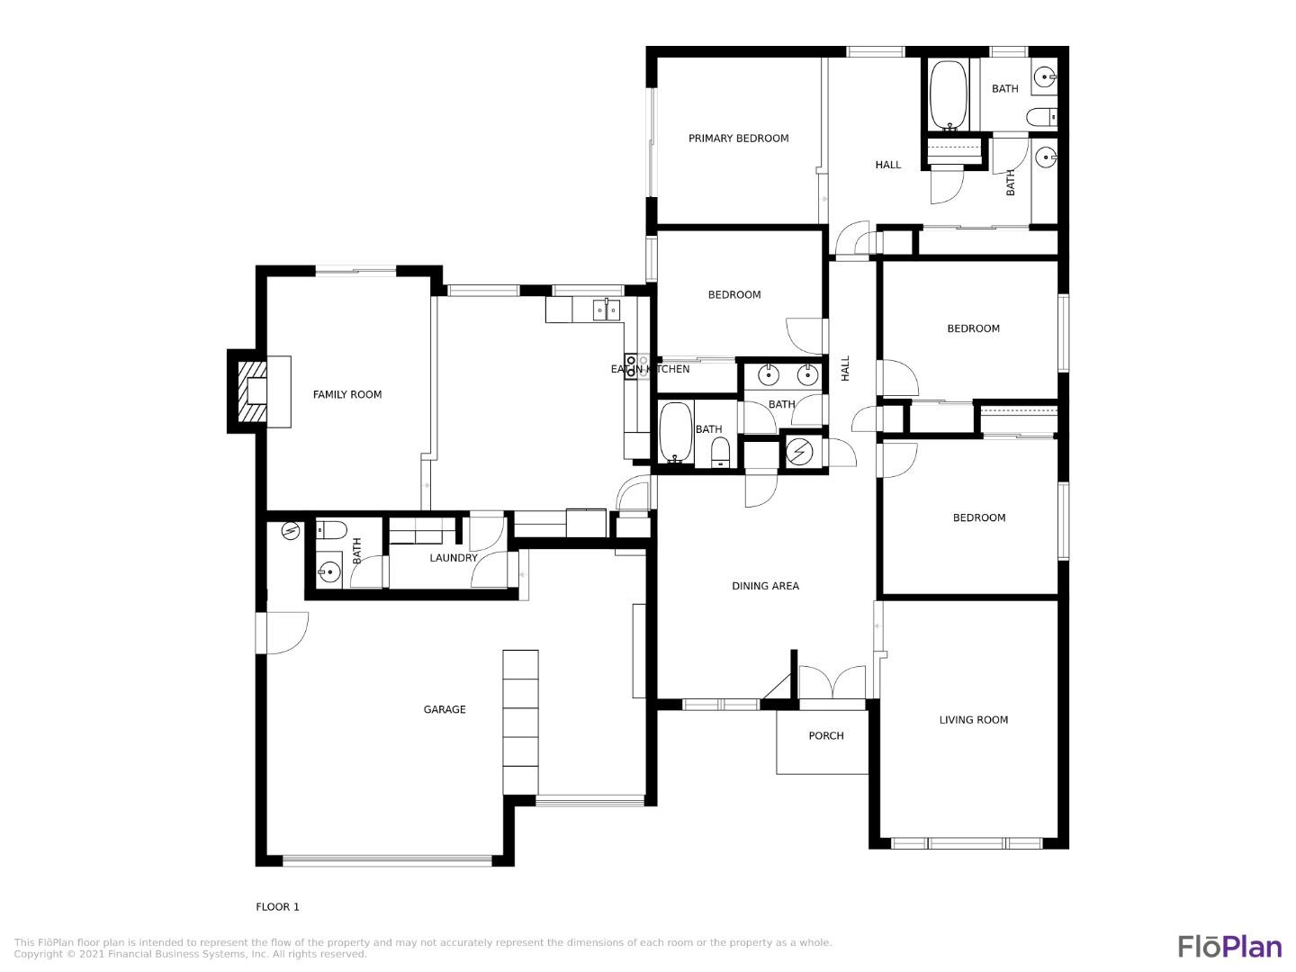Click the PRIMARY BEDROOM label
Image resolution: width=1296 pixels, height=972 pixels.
(738, 139)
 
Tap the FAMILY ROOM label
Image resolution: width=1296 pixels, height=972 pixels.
(347, 394)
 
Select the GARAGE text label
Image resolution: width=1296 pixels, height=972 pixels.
(445, 710)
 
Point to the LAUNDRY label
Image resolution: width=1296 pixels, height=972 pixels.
(454, 558)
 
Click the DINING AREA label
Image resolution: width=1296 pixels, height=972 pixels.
(765, 586)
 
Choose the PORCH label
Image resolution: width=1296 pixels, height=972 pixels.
(825, 736)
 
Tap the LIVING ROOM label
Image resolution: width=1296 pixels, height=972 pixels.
(973, 720)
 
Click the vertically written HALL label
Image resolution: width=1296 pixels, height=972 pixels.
(845, 368)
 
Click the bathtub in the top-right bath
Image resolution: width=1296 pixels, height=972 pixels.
(948, 95)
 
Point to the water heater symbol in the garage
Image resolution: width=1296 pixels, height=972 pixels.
(290, 531)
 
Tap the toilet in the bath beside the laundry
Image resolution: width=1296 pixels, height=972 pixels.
(330, 529)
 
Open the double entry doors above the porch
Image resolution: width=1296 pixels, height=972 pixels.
(832, 682)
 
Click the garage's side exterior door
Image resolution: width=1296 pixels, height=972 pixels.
(281, 633)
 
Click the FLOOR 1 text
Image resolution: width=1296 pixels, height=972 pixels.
(277, 907)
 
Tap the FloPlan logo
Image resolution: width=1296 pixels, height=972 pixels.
(1229, 947)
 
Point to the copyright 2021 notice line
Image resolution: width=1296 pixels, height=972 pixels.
(190, 954)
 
